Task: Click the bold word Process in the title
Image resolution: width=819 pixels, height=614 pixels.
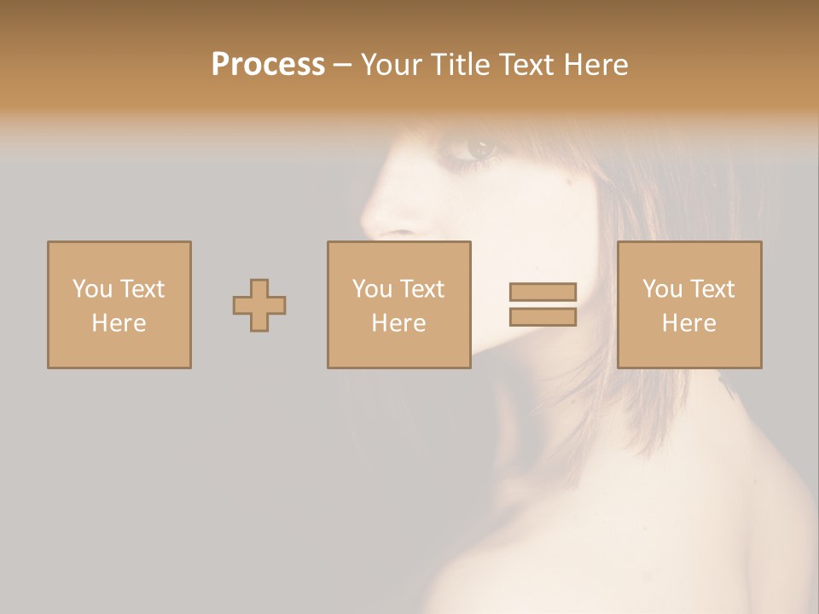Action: [x=268, y=64]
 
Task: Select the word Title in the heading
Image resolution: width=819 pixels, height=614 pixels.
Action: [x=462, y=64]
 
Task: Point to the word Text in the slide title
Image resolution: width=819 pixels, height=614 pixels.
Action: [x=529, y=64]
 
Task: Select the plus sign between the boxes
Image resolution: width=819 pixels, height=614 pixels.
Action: [x=259, y=305]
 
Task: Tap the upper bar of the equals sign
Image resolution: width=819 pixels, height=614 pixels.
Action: [x=543, y=292]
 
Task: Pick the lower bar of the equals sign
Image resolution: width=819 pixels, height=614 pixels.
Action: [x=543, y=317]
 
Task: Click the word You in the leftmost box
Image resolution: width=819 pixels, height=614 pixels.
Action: [x=92, y=289]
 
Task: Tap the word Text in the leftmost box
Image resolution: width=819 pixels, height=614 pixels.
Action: [x=141, y=289]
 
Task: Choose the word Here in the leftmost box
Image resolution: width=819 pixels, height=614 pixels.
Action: [x=119, y=323]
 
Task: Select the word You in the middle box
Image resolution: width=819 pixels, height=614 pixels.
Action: [x=372, y=289]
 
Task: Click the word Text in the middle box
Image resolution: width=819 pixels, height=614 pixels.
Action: [x=421, y=289]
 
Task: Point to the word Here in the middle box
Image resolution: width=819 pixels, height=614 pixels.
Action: [x=398, y=323]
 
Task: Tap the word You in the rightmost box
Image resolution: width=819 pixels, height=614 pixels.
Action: [x=662, y=289]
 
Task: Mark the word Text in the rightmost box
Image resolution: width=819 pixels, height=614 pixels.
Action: [x=711, y=289]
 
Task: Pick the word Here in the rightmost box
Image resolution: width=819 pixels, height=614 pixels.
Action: [x=688, y=323]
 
